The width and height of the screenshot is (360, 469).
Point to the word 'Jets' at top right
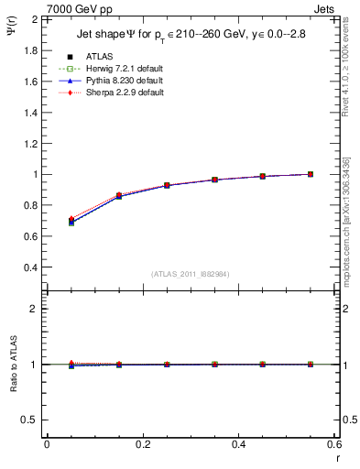tap(325, 8)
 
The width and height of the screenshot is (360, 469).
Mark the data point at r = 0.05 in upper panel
tap(71, 222)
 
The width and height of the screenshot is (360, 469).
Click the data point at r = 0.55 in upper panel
tap(311, 174)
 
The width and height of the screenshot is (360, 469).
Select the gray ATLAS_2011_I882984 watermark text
tap(191, 273)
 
